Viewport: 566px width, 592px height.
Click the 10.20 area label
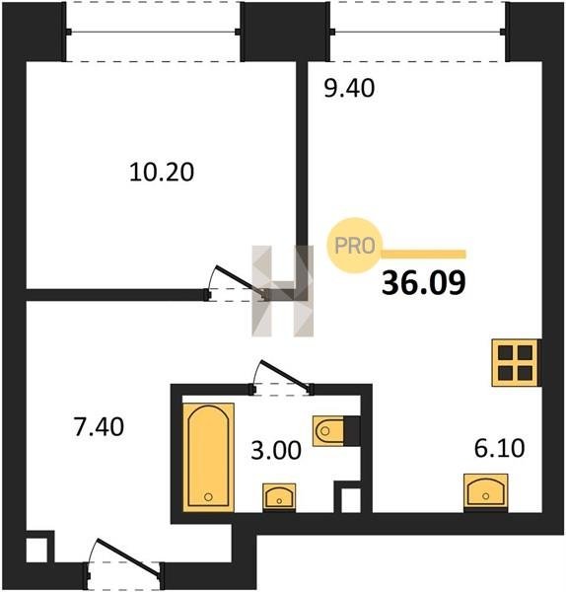tap(162, 172)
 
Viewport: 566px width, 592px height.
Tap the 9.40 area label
tap(349, 89)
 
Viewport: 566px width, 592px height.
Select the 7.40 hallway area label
tap(99, 427)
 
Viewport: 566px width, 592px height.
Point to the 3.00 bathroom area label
tap(276, 450)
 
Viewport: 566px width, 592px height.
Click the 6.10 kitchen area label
tap(499, 448)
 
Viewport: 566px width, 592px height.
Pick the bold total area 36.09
tap(423, 283)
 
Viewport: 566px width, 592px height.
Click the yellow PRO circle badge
tap(355, 246)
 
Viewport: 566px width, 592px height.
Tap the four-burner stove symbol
tap(516, 363)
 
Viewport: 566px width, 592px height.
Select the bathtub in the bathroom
tap(208, 457)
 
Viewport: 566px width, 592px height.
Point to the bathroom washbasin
tap(279, 497)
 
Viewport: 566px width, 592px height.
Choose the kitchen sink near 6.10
tap(485, 491)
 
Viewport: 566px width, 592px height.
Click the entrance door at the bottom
tap(128, 556)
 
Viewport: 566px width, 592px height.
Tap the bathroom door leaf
tap(285, 375)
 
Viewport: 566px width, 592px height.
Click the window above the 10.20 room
tap(153, 32)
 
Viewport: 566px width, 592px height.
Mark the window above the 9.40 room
tap(418, 32)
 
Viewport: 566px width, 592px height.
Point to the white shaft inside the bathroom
tap(350, 500)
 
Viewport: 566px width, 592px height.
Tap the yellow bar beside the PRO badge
tap(424, 254)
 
